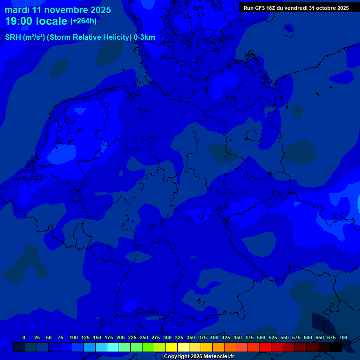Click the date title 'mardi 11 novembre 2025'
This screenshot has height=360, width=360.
(58, 10)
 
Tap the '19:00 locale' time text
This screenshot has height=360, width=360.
(36, 21)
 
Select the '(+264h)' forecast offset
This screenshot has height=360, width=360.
(83, 21)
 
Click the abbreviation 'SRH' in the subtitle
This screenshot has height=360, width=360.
(13, 37)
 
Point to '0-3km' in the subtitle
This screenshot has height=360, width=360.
(144, 37)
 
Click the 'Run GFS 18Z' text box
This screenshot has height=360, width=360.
(296, 8)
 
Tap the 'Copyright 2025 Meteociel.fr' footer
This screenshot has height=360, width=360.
(199, 356)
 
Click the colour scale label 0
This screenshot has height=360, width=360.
(24, 337)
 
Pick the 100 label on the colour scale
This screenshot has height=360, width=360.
(74, 337)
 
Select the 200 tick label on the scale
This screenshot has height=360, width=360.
(120, 337)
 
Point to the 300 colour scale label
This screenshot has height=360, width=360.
(167, 337)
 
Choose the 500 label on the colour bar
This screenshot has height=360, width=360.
(261, 337)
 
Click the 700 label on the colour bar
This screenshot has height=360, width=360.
(343, 337)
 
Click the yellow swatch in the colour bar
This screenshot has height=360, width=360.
(172, 347)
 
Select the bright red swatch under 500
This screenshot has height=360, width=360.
(265, 347)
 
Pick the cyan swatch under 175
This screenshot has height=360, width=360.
(113, 347)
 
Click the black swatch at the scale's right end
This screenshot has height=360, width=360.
(336, 347)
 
